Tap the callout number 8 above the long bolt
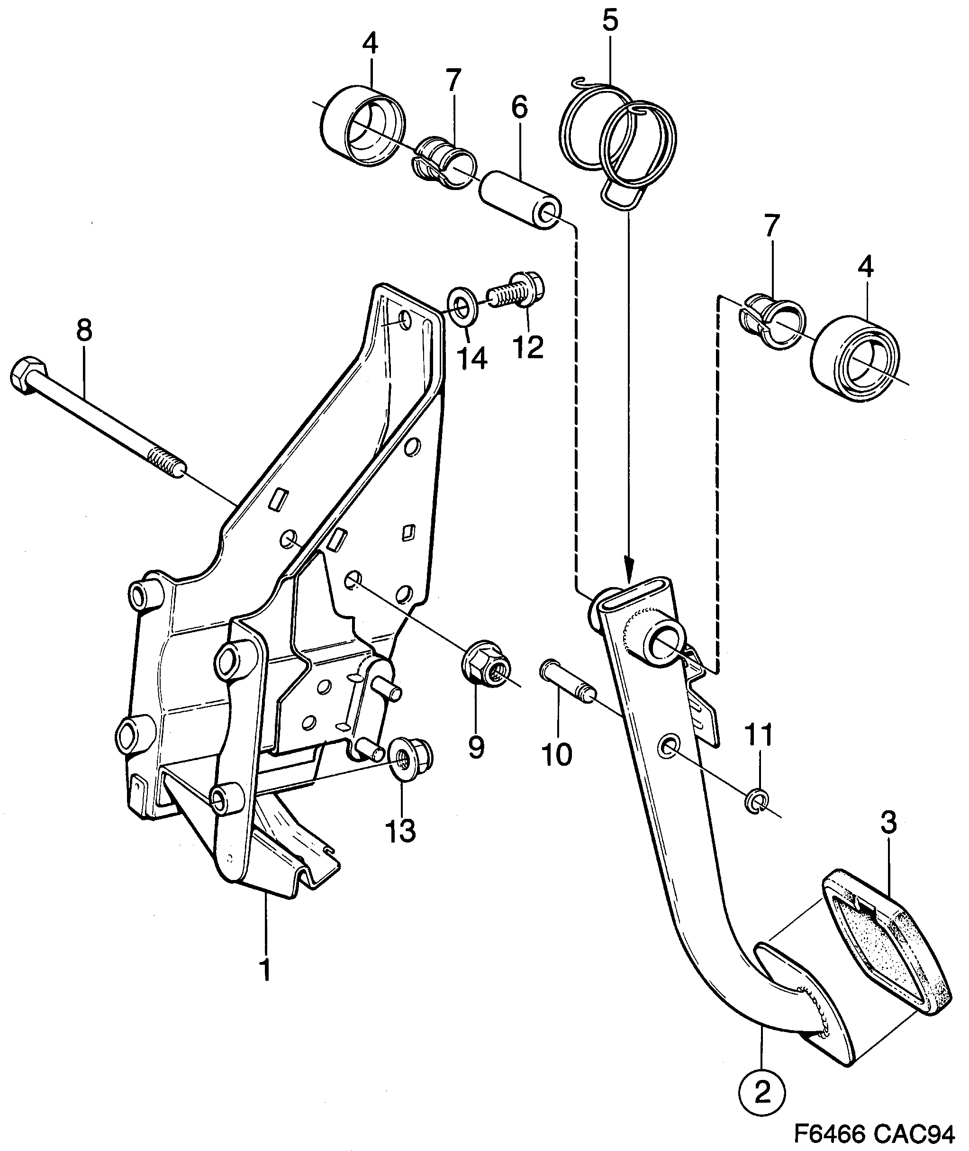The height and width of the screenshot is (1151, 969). (x=84, y=331)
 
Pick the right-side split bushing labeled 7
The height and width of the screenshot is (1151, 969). (x=772, y=324)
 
